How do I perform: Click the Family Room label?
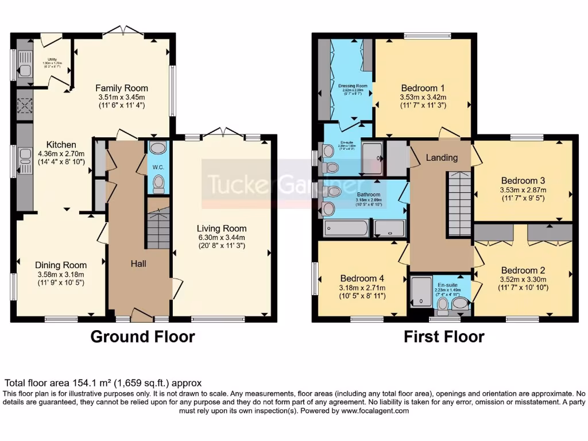tap(121, 88)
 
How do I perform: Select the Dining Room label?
tap(61, 265)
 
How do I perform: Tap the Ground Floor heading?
tap(142, 336)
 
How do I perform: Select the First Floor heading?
tap(444, 336)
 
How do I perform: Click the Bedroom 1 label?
tap(423, 88)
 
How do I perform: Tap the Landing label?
tap(442, 157)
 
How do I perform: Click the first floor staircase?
tap(459, 204)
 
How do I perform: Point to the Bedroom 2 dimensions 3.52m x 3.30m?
tap(523, 280)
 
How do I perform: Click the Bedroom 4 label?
tap(362, 279)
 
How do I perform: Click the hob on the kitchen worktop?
tap(25, 107)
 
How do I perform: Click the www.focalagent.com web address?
tap(375, 411)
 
